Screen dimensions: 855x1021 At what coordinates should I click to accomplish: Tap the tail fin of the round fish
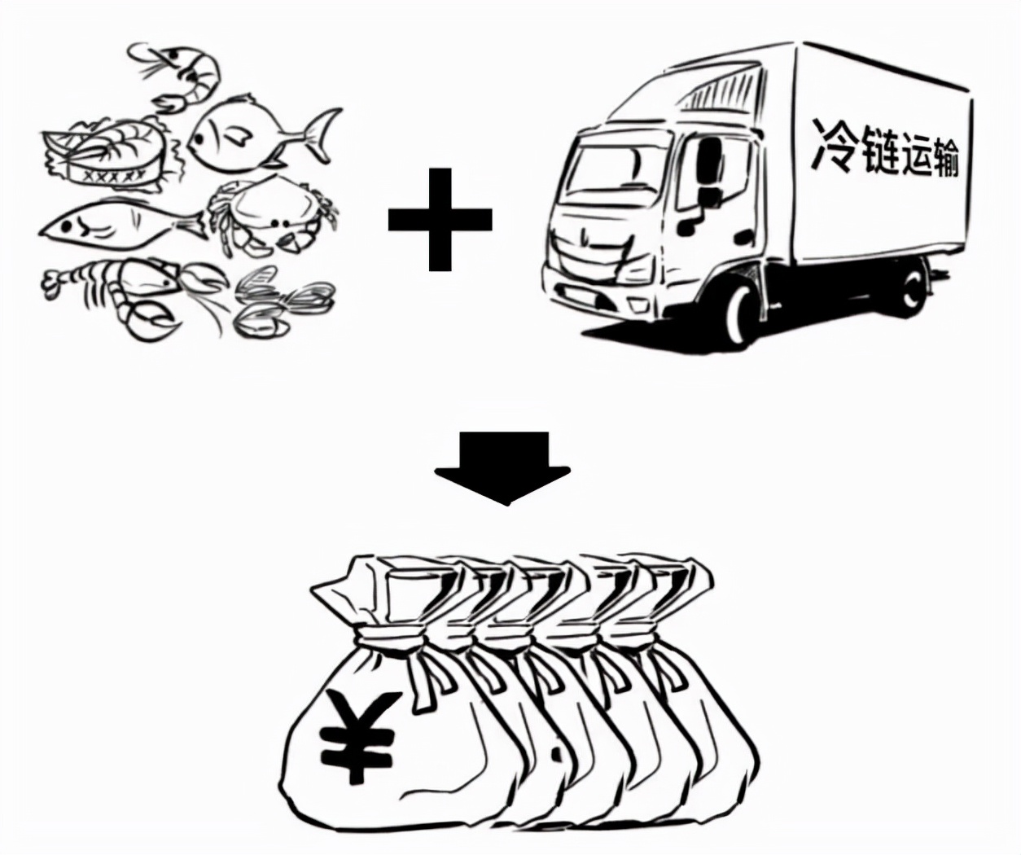pyautogui.click(x=321, y=135)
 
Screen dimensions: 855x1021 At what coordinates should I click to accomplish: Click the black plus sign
pyautogui.click(x=440, y=219)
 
